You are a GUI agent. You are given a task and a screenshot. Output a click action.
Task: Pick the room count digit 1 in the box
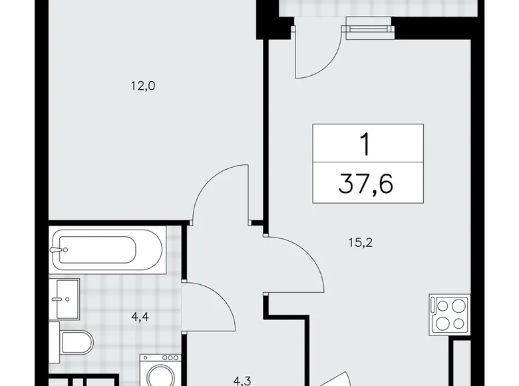366,142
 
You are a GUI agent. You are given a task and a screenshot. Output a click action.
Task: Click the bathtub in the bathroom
107,250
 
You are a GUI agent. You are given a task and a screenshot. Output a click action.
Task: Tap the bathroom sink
65,299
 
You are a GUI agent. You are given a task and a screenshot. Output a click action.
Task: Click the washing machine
158,370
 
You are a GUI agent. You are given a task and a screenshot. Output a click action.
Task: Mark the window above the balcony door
366,28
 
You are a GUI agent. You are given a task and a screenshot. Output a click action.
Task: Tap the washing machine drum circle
158,377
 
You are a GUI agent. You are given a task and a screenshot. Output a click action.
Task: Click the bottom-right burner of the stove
458,323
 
